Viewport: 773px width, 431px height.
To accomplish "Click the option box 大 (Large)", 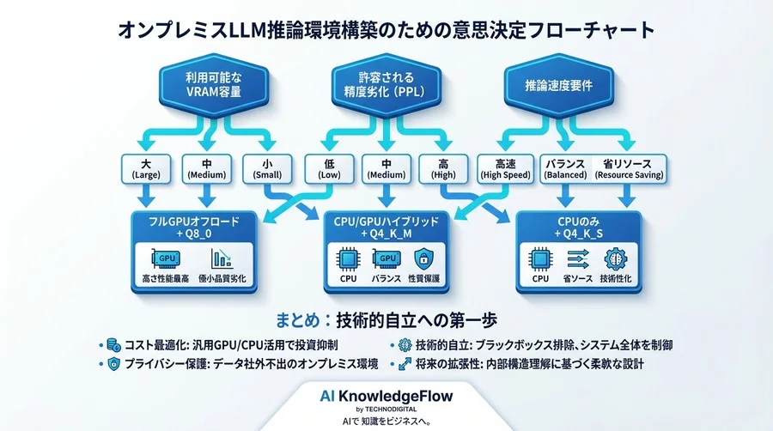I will pos(148,168).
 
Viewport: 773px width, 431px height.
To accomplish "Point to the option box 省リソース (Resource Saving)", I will pos(634,168).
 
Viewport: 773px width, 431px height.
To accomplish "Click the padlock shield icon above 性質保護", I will pos(422,258).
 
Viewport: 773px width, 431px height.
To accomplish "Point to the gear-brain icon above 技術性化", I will pos(617,258).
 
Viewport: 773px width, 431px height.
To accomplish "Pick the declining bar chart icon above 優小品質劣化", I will pos(222,258).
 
